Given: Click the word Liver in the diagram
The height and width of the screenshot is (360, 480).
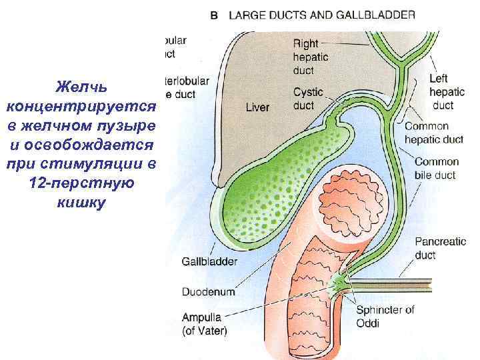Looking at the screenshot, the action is point(257,107).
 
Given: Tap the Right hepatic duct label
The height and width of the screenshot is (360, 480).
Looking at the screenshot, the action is point(307,57).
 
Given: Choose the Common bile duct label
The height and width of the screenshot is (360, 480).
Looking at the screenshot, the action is point(437,168).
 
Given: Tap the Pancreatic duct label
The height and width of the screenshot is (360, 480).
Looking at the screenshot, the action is point(440,248).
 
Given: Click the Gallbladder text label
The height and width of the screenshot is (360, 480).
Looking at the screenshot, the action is point(209,262).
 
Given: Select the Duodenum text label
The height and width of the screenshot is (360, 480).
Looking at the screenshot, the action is point(208,291).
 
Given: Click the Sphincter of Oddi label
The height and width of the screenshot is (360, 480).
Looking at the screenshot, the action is point(385,315).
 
